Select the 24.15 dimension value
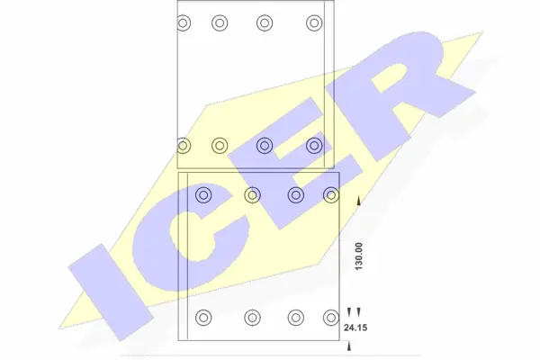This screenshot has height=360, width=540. point(355,329)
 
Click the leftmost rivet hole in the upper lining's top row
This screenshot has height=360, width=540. point(184,22)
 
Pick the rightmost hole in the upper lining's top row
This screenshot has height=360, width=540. point(313,22)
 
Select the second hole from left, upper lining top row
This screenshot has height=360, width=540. point(220,22)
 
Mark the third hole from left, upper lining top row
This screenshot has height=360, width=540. point(265,22)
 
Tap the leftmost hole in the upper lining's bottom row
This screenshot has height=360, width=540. point(184,144)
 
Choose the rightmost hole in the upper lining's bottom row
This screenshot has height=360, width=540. point(313,144)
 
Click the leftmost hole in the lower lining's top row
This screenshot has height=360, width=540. point(203,193)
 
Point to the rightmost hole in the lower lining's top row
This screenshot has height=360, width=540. point(331,193)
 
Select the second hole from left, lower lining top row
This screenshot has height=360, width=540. point(252,193)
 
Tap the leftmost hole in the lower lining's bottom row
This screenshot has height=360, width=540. point(203,317)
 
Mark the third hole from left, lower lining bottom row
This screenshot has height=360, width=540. point(295,317)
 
